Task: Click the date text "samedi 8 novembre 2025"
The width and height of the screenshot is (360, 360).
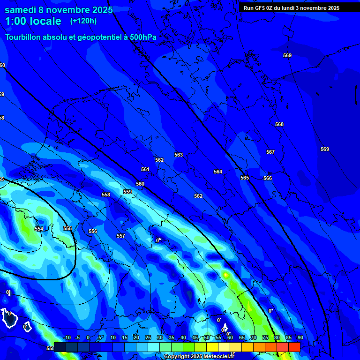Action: pos(59,10)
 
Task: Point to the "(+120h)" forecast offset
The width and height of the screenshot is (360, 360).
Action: pos(83,21)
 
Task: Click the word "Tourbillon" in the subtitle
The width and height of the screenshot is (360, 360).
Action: pos(26,37)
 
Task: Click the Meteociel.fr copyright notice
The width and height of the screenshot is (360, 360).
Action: pos(199,356)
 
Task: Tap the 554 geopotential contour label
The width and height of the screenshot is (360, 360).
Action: pos(39,229)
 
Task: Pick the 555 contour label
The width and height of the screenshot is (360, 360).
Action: pos(67,228)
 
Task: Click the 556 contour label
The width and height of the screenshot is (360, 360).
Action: pos(93,231)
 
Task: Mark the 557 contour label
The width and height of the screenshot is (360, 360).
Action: pos(121,236)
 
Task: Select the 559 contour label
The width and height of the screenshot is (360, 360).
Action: pos(127,192)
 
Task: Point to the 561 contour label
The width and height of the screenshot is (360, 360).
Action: pos(145,169)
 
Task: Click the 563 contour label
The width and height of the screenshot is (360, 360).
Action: pos(179,155)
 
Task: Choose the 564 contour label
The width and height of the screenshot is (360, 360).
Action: pos(218,172)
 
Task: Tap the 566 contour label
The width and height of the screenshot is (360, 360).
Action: pos(268,178)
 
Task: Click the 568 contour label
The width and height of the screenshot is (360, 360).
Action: pos(279,124)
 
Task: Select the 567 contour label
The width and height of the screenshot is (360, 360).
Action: pos(270,152)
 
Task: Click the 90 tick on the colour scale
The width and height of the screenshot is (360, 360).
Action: pos(300,337)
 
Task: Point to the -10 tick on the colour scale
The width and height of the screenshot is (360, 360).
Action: pos(67,337)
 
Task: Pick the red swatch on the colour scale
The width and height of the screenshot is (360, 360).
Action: pos(294,347)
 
